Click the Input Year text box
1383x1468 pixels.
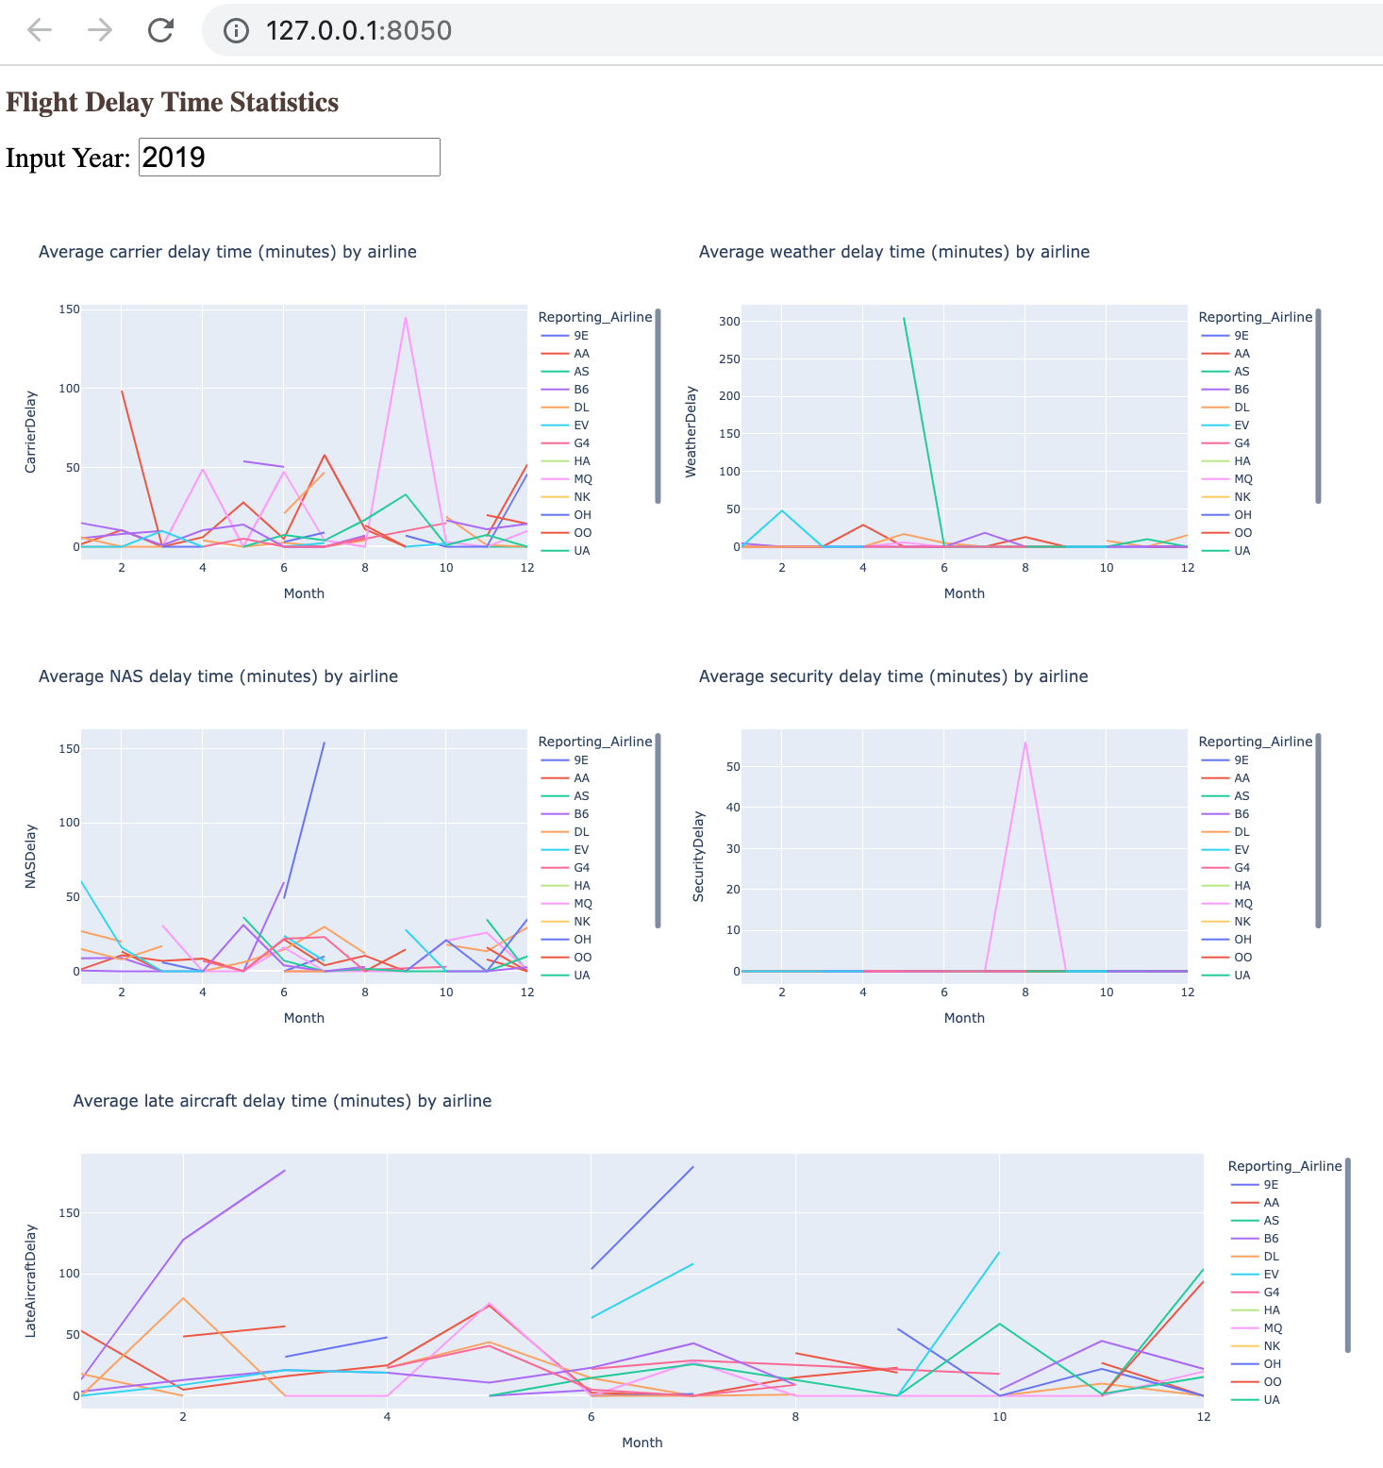pyautogui.click(x=289, y=157)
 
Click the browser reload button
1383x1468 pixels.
pyautogui.click(x=160, y=30)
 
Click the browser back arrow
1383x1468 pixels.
pyautogui.click(x=40, y=30)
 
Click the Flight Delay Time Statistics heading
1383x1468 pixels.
pyautogui.click(x=172, y=102)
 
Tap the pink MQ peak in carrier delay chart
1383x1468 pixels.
pyautogui.click(x=406, y=319)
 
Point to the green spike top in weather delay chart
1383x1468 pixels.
pyautogui.click(x=904, y=319)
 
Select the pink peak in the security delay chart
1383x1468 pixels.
pyautogui.click(x=1025, y=742)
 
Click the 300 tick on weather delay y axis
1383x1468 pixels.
pyautogui.click(x=729, y=322)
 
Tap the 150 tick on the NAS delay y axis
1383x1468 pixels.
pyautogui.click(x=69, y=749)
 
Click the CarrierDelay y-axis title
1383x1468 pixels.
pyautogui.click(x=31, y=431)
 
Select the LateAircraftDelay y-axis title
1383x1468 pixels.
pyautogui.click(x=31, y=1280)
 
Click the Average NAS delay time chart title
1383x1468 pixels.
pyautogui.click(x=218, y=676)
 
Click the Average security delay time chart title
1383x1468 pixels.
pyautogui.click(x=892, y=676)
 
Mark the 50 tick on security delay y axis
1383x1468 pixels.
pyautogui.click(x=733, y=767)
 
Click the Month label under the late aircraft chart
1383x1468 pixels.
pyautogui.click(x=642, y=1443)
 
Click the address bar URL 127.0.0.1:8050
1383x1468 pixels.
pyautogui.click(x=358, y=30)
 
